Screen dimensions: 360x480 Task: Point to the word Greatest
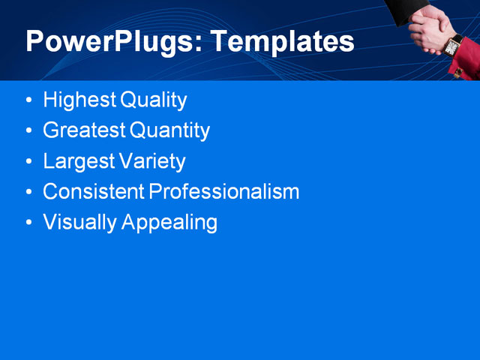[84, 130]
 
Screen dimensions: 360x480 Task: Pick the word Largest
[79, 161]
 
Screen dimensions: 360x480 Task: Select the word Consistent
[94, 192]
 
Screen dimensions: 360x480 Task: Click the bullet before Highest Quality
[28, 100]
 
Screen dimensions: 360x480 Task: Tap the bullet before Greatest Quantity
[28, 131]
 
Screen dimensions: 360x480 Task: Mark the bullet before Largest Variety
[28, 162]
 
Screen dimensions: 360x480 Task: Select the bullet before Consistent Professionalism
[28, 193]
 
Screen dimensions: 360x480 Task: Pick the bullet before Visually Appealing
[28, 223]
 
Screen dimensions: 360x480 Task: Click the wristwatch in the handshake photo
[452, 46]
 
